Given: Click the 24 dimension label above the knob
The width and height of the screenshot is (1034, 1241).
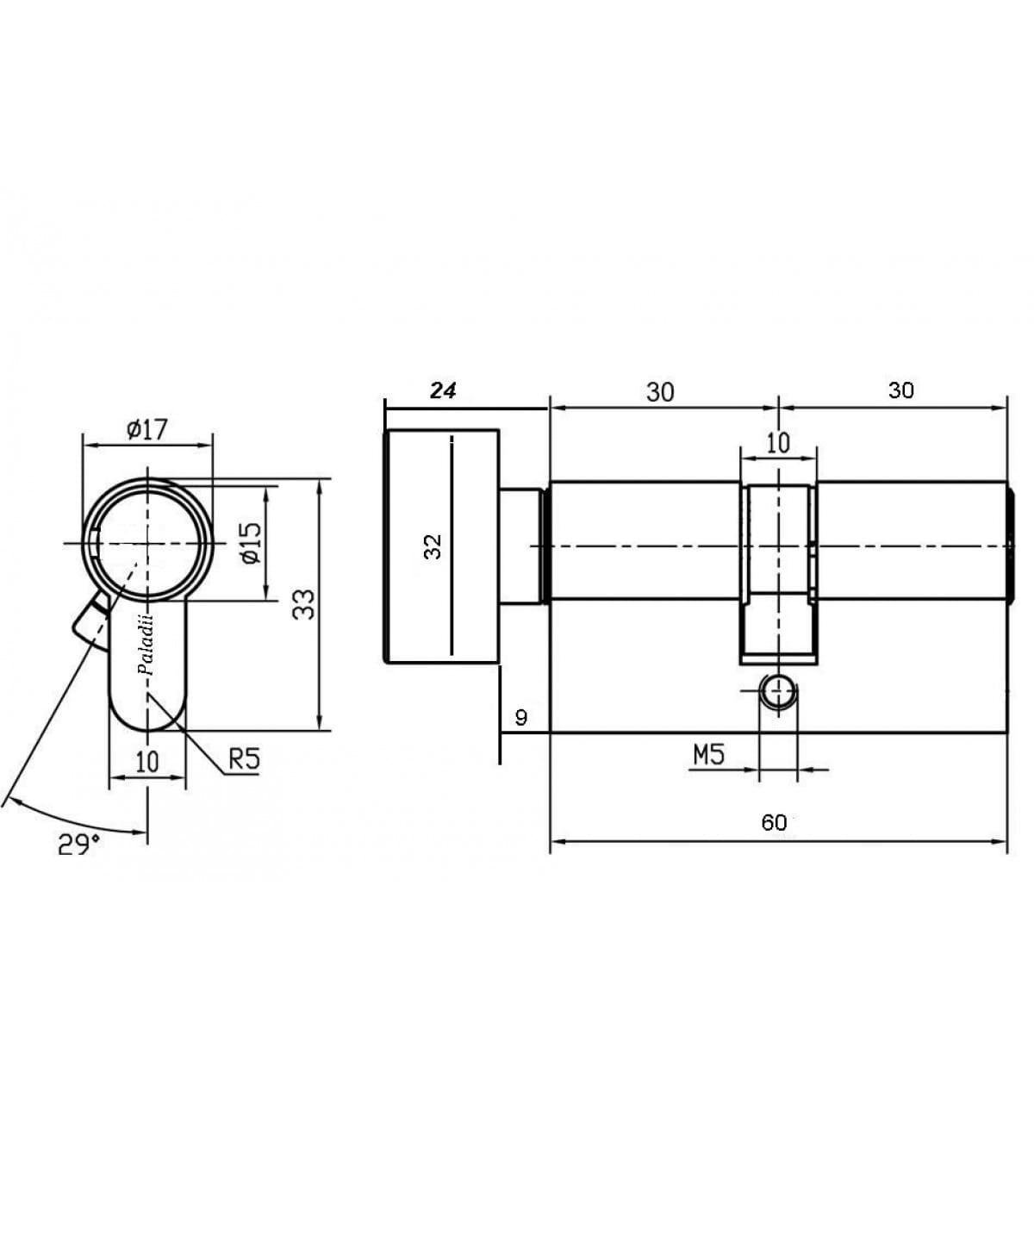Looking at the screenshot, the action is coord(443,390).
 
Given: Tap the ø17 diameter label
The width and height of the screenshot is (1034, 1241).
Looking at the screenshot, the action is coord(146,430).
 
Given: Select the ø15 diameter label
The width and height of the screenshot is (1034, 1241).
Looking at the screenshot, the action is coord(252,543).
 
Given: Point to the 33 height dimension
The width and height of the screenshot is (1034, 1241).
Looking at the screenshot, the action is coord(303,604).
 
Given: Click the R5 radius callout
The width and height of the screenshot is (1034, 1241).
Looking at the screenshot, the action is coord(245,759).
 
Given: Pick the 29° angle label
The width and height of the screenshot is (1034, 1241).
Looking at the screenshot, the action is coord(78,845).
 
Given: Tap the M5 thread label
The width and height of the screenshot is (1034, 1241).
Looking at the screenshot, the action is coord(709,756).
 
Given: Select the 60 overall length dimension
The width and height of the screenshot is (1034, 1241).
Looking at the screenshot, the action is coord(774,822).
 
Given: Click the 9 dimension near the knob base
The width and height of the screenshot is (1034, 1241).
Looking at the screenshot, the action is coord(520,718).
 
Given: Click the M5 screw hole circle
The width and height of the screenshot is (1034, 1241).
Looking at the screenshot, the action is coord(778,692).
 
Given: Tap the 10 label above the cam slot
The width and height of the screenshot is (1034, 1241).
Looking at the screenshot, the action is coord(778,443).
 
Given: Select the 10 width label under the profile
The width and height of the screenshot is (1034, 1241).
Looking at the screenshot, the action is coord(147,761).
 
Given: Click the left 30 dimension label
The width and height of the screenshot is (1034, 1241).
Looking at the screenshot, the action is coord(660,392).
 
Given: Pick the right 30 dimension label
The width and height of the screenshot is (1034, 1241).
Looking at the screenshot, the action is coord(901,390).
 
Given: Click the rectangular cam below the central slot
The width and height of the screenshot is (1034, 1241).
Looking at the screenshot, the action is coord(778,628).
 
